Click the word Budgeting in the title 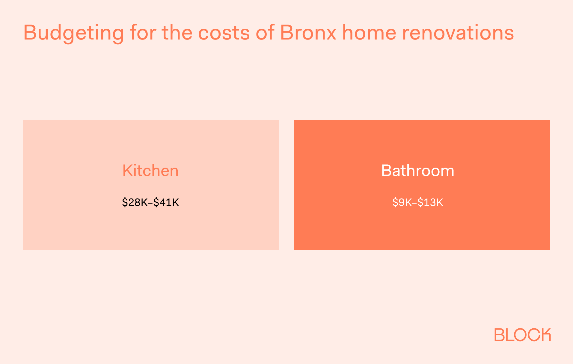click(x=73, y=33)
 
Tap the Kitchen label click(x=150, y=171)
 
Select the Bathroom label click(x=417, y=171)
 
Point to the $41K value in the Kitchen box click(x=166, y=203)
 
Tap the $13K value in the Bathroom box click(x=430, y=203)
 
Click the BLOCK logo click(x=522, y=335)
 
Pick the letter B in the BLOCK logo click(x=499, y=335)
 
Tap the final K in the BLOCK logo click(x=545, y=335)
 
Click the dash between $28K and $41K click(x=151, y=203)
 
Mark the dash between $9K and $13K click(x=415, y=203)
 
